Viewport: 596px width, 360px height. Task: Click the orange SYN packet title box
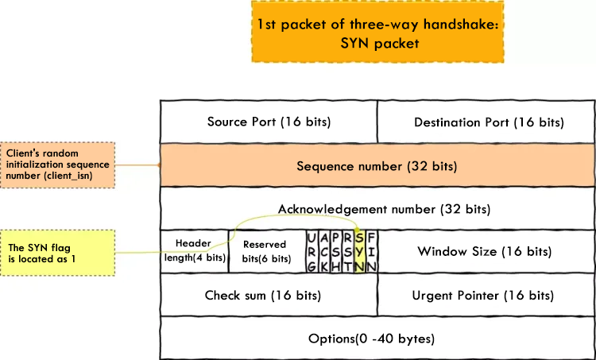coord(377,33)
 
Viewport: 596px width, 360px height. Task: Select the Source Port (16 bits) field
coord(269,122)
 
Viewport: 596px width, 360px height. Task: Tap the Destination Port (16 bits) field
coord(489,122)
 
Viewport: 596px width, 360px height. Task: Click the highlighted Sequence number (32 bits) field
coord(377,166)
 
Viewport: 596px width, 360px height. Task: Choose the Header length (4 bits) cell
coord(194,251)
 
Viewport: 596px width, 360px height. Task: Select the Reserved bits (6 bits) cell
coord(267,251)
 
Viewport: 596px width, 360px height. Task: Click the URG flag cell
coord(312,251)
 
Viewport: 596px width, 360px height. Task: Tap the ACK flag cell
coord(324,251)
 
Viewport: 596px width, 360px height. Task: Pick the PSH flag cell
coord(337,251)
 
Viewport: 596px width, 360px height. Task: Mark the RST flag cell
coord(349,251)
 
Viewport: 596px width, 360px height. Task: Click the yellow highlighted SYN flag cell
coord(361,251)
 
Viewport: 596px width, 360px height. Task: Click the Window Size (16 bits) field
coord(485,251)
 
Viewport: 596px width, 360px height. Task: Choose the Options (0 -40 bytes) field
coord(371,339)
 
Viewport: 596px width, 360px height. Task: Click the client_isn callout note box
coord(58,165)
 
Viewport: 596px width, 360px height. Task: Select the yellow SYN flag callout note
coord(58,254)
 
